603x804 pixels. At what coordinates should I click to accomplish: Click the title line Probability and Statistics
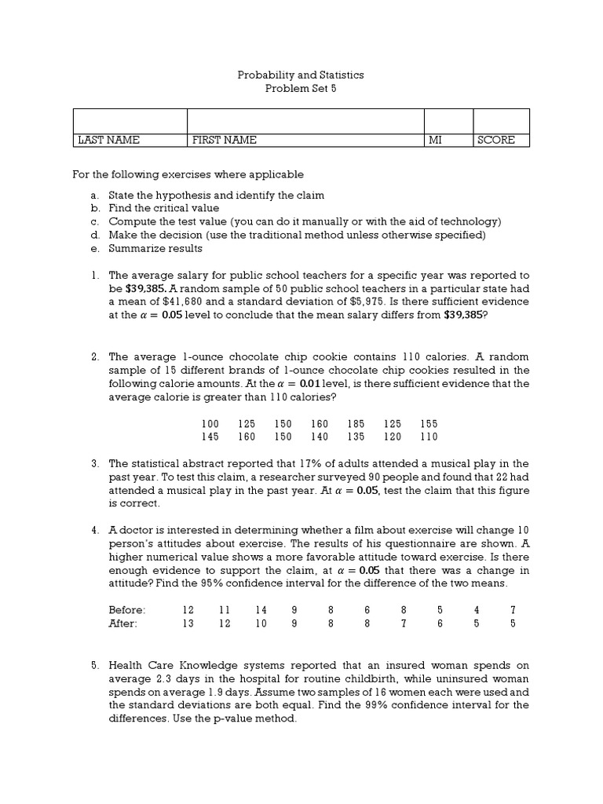point(301,75)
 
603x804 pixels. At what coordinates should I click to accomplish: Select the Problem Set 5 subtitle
point(301,89)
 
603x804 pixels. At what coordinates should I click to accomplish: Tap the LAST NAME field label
point(108,141)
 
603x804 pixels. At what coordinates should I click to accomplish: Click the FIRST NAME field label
point(225,141)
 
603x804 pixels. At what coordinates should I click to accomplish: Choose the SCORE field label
point(496,141)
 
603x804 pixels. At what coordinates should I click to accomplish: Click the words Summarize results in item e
point(155,249)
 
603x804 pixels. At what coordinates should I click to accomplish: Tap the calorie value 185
point(357,424)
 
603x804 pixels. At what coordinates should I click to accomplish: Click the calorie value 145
point(210,437)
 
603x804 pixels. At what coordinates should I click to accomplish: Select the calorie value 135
point(357,437)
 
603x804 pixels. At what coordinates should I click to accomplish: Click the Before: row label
point(127,610)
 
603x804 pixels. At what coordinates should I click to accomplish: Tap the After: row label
point(123,623)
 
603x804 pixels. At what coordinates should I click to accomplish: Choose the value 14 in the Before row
point(261,610)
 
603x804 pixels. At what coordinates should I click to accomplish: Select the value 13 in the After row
point(188,623)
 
